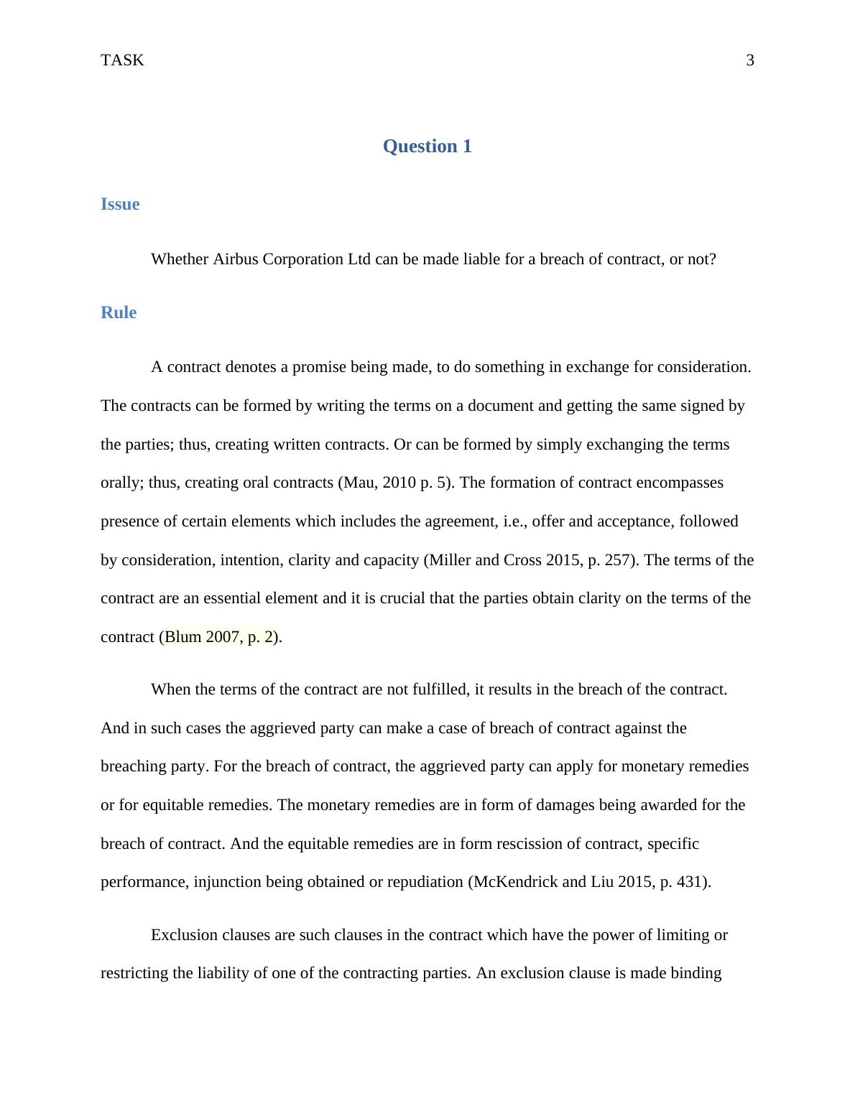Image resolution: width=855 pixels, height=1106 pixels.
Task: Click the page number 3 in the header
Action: click(x=750, y=60)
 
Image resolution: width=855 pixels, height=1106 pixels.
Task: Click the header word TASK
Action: click(x=122, y=60)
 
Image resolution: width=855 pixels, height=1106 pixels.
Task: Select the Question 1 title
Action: click(x=427, y=147)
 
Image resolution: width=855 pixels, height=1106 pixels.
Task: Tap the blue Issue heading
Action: click(x=120, y=205)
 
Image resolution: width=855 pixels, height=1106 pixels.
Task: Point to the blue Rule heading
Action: click(x=119, y=312)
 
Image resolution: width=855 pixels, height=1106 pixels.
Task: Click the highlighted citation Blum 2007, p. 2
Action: click(x=220, y=637)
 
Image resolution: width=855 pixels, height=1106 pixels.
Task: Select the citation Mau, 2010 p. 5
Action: click(x=395, y=483)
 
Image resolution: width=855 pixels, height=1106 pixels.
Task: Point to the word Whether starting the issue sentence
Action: click(x=180, y=259)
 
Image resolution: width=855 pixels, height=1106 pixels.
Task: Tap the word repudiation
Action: click(x=425, y=882)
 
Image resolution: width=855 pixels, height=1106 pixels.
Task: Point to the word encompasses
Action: click(x=680, y=483)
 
